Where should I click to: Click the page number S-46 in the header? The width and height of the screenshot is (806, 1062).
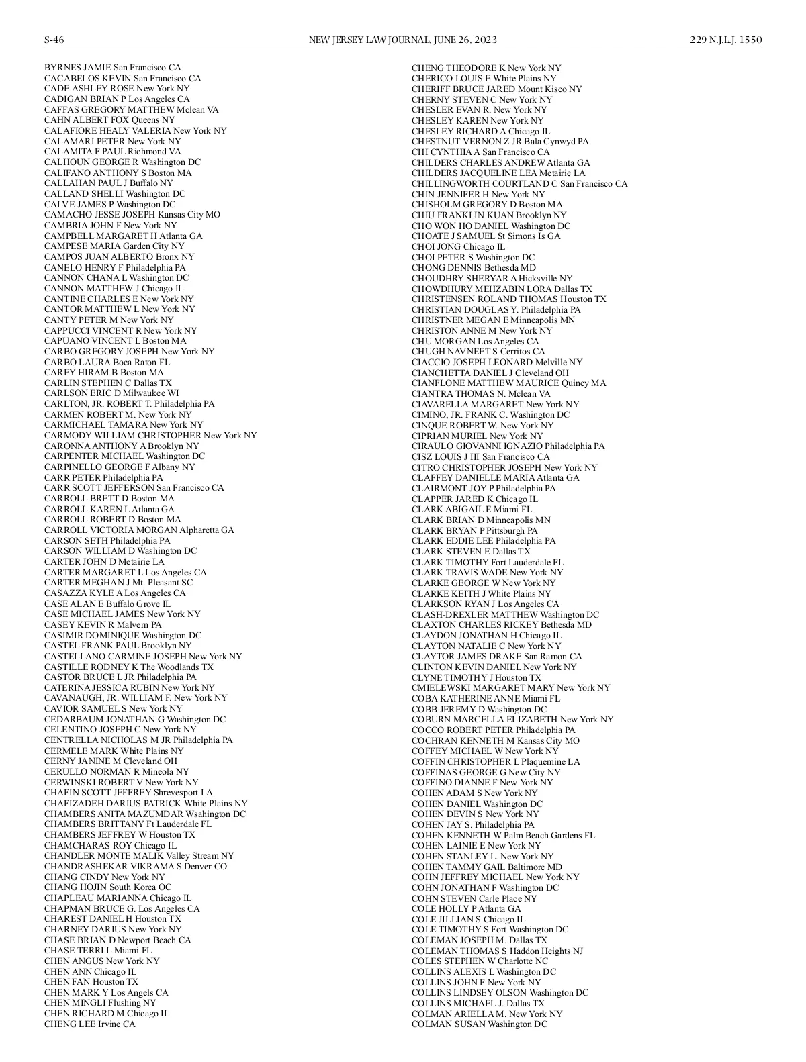(x=54, y=40)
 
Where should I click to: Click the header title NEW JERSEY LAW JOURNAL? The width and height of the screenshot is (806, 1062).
(x=369, y=40)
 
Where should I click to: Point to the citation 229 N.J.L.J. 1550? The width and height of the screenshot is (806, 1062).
(x=725, y=40)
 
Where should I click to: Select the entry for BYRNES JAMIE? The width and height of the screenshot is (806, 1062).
(x=112, y=68)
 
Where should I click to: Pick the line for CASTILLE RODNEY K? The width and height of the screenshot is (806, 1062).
(x=128, y=667)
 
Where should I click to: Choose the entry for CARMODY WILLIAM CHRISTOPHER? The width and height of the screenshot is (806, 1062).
(x=150, y=435)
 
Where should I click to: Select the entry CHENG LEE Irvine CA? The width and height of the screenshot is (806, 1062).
(x=89, y=1024)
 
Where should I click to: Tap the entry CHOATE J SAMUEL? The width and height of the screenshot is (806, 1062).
(x=486, y=236)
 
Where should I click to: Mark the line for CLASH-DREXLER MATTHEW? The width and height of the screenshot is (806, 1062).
(x=505, y=615)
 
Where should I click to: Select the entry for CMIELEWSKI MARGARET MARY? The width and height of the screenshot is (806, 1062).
(x=510, y=688)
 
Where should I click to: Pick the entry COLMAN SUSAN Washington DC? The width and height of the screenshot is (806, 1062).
(x=479, y=1024)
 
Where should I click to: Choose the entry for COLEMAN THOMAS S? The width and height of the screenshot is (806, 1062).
(x=497, y=951)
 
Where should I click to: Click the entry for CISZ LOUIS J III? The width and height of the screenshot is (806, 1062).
(x=480, y=457)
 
